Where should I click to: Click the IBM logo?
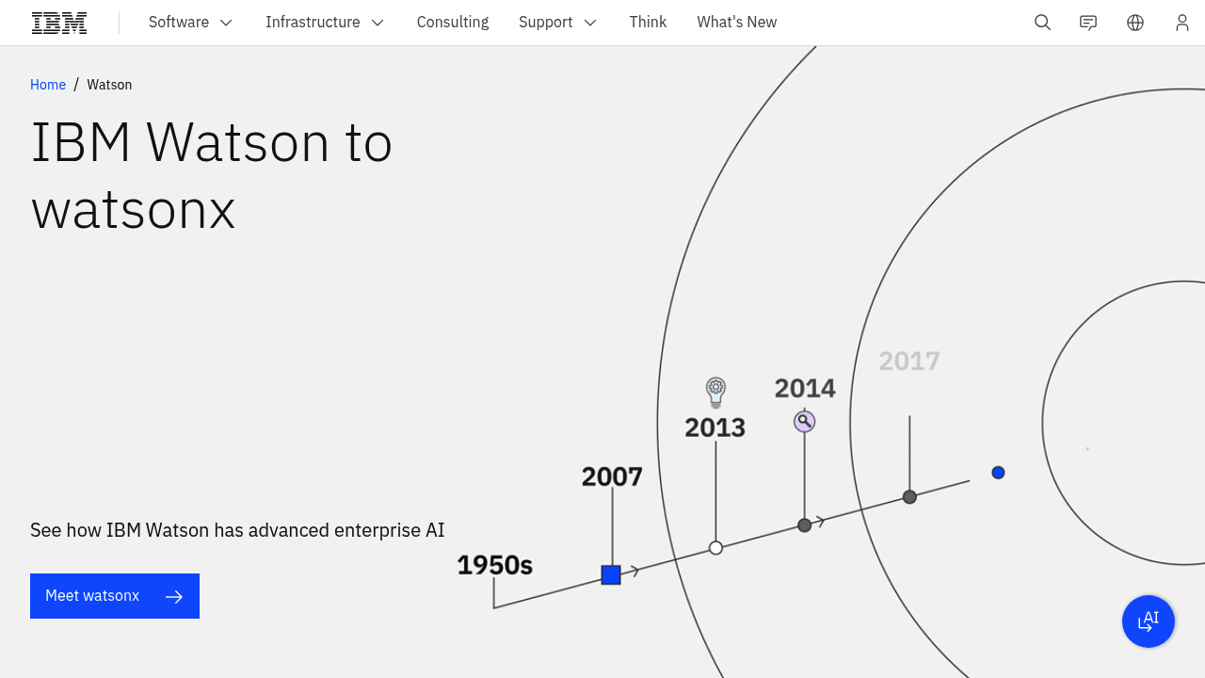click(x=59, y=23)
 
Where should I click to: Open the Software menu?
click(x=190, y=23)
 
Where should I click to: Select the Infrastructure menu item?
click(x=325, y=23)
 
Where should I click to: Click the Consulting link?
click(x=453, y=23)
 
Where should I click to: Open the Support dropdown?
click(x=557, y=23)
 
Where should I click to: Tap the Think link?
click(x=648, y=23)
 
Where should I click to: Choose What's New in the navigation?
click(x=737, y=23)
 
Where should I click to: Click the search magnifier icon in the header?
click(x=1042, y=23)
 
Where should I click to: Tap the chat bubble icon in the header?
click(x=1088, y=23)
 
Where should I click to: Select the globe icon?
click(x=1135, y=23)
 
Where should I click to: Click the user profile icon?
click(x=1181, y=23)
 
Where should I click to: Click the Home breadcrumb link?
click(x=48, y=85)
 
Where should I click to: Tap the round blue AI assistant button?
click(x=1149, y=621)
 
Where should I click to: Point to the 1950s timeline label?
click(x=494, y=565)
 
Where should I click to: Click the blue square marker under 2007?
click(x=611, y=574)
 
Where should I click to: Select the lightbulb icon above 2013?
click(x=716, y=391)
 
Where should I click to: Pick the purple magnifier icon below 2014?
click(x=804, y=421)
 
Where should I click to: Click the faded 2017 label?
click(x=909, y=362)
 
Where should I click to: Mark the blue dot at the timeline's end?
click(x=998, y=473)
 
